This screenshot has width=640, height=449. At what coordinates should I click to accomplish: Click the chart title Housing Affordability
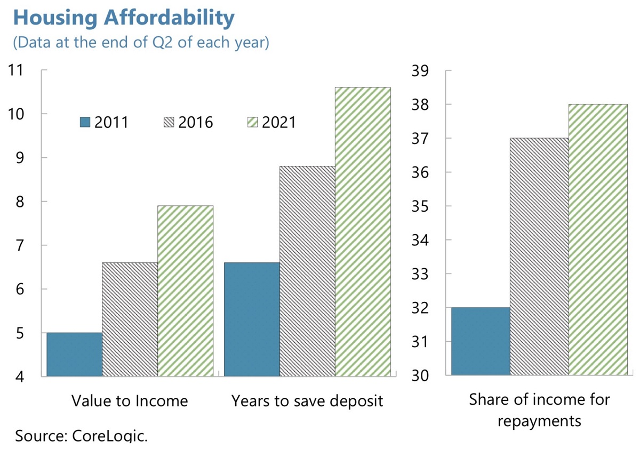point(124,18)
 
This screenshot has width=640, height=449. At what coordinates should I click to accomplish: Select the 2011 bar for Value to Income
point(75,355)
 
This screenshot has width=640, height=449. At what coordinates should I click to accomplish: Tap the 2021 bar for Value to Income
point(186,291)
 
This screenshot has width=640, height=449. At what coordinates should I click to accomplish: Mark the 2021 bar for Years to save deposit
point(363,231)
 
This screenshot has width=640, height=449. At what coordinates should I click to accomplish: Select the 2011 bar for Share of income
point(481,341)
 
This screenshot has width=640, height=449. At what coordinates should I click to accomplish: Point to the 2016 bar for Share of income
point(539,256)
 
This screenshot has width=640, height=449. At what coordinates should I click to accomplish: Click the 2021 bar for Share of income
point(598,240)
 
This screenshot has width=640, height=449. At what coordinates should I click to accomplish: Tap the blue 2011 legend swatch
point(85,122)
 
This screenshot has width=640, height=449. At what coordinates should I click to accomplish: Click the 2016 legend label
point(196,122)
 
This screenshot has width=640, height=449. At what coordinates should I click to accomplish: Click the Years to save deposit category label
point(307,401)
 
